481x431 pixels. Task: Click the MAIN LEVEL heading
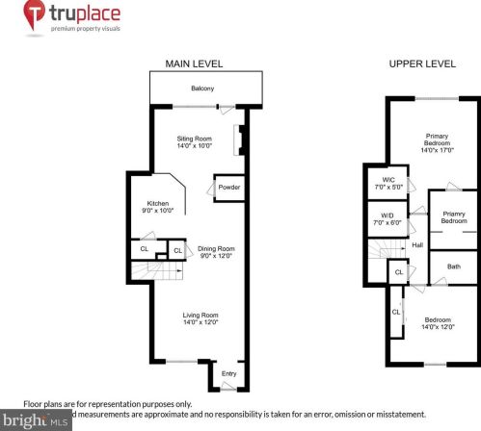click(x=194, y=63)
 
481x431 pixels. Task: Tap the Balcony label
click(x=202, y=89)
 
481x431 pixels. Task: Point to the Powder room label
click(x=228, y=187)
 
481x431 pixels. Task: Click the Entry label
click(x=229, y=373)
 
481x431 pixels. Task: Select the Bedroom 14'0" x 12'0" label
click(x=437, y=323)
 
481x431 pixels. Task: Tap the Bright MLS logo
click(x=37, y=420)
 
